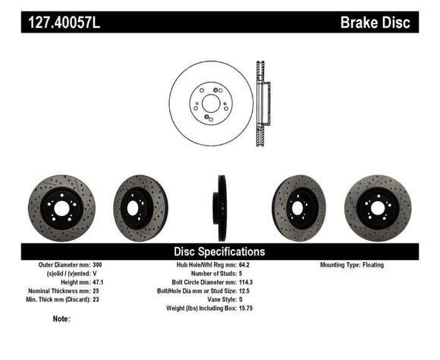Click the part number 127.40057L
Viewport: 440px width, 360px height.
point(64,23)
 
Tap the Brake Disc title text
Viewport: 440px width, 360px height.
point(376,23)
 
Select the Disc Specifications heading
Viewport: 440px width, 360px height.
point(220,251)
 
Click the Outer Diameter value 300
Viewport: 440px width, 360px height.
point(96,265)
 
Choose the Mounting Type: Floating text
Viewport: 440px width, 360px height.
point(352,265)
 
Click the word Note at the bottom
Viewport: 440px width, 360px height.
point(61,319)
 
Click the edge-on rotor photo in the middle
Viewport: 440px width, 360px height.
point(221,208)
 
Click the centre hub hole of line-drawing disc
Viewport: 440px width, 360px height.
point(210,104)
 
